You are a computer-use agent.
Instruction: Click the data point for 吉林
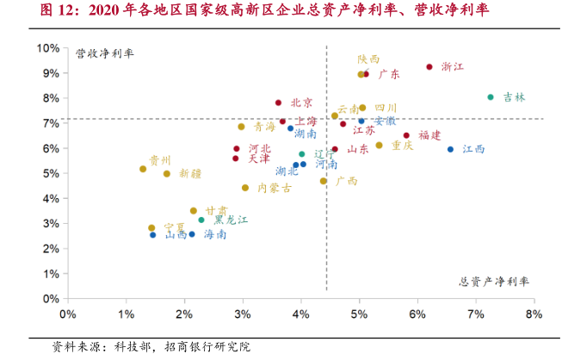491,97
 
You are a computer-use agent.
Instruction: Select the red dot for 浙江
429,67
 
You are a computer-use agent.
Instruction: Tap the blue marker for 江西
450,149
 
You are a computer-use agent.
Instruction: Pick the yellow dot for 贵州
143,169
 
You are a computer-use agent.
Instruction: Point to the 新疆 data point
167,174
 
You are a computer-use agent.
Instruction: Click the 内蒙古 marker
245,188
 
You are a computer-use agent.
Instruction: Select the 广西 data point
324,181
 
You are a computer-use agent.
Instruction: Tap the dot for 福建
406,135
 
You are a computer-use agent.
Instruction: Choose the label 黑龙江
231,220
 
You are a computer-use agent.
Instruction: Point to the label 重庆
402,146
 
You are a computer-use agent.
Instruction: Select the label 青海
265,127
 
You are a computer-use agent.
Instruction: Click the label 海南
214,234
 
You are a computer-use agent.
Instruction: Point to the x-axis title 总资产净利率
495,282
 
